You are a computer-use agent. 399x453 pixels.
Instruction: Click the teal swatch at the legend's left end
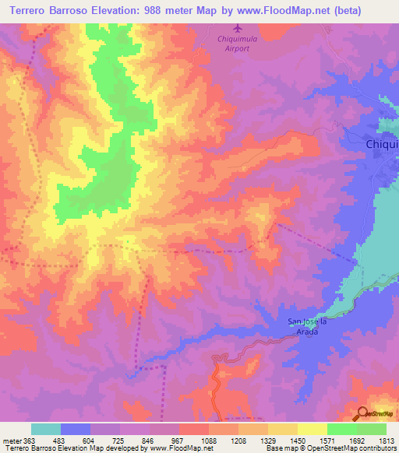tap(46, 429)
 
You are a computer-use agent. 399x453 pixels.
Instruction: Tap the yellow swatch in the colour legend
tap(312, 429)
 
